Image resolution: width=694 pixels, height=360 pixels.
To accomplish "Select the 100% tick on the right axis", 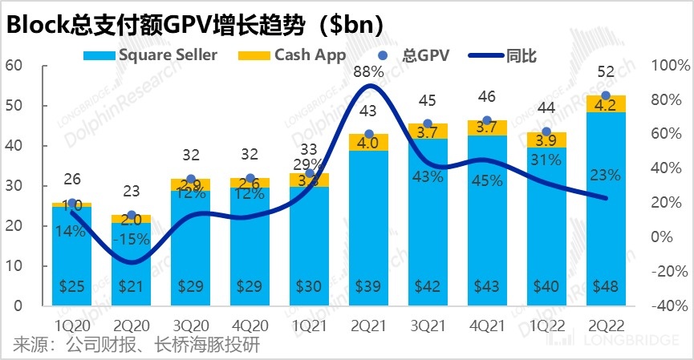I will click(667, 66).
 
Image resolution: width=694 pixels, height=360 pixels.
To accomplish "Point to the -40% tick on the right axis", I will click(667, 305).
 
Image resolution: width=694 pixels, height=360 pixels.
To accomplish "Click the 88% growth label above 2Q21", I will click(370, 71).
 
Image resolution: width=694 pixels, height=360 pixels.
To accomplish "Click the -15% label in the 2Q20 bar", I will click(131, 239).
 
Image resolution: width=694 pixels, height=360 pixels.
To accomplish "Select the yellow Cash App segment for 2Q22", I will click(607, 103).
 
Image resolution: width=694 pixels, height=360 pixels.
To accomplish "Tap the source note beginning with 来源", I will click(136, 346).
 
